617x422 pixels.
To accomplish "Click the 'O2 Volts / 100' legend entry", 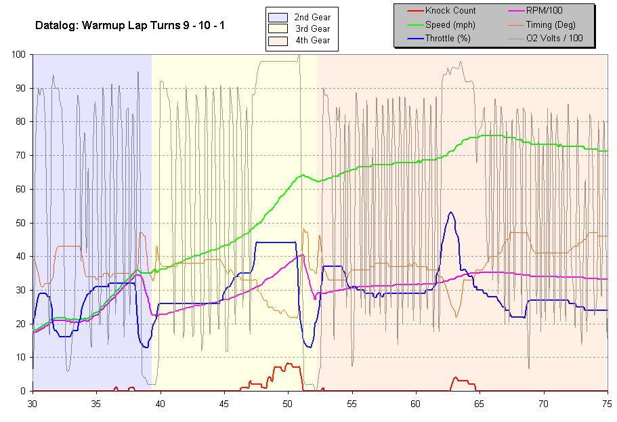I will pos(555,38).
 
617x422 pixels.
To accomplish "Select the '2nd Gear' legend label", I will pos(312,17).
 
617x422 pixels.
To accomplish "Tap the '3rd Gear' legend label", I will pos(312,28).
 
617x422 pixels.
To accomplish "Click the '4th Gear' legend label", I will pos(312,40).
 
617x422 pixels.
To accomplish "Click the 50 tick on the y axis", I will pos(21,223).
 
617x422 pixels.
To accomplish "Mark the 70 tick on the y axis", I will pos(21,156).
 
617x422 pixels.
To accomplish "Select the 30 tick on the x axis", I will pos(33,402).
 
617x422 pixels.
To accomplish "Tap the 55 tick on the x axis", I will pos(352,402).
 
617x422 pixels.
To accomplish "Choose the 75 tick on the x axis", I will pos(608,402).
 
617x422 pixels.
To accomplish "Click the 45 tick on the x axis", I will pos(224,402).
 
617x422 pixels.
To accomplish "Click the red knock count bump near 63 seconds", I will pos(456,378).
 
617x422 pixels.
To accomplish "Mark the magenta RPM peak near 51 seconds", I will pos(301,255).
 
